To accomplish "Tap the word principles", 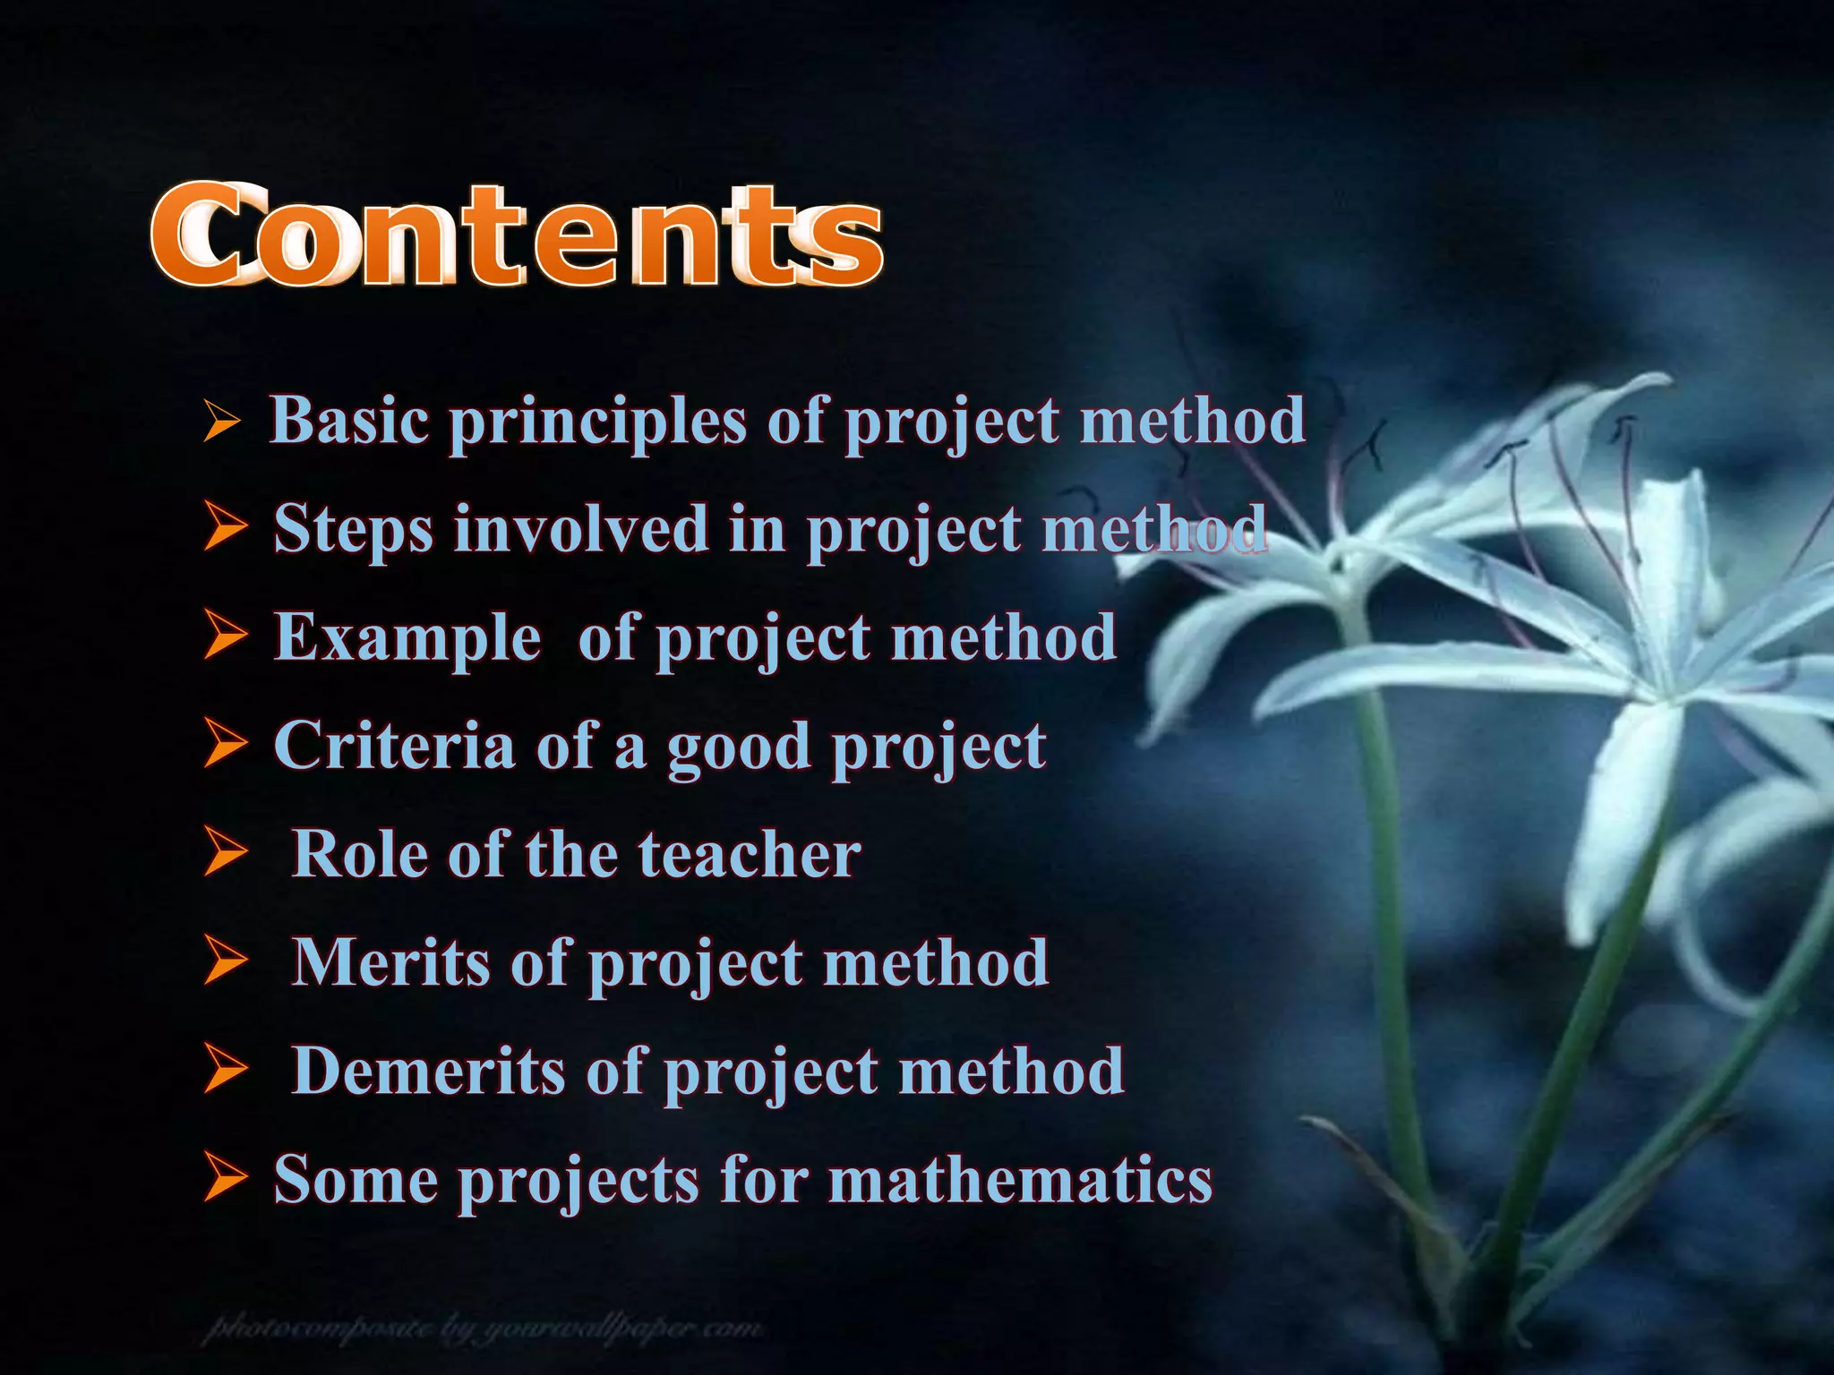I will point(597,423).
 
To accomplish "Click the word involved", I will point(581,528).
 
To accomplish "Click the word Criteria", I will point(394,745).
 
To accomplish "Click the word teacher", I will point(750,854).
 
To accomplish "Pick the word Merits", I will point(391,962).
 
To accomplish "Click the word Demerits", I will point(429,1071).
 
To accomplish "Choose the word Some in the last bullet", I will point(356,1179).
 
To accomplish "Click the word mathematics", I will point(1020,1179).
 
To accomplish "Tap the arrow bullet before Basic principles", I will point(220,421).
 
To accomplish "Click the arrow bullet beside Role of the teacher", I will point(224,852).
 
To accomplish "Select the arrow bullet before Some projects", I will point(224,1177).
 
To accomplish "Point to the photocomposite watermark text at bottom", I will point(484,1328).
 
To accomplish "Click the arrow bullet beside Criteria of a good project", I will point(224,744).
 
